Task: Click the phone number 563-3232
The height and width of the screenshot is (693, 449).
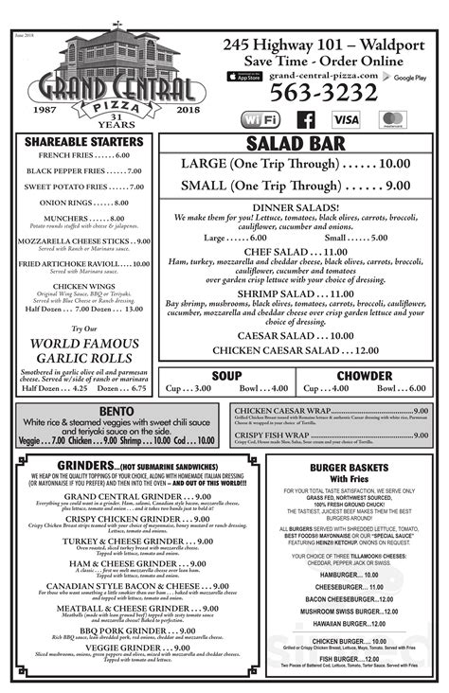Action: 322,94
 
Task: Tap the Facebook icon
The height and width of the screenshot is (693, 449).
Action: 306,119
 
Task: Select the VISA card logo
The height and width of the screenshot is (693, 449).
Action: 346,119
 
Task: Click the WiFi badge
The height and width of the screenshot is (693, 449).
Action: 260,119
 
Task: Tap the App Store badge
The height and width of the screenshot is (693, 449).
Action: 245,76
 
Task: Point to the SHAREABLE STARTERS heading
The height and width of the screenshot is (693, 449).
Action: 84,141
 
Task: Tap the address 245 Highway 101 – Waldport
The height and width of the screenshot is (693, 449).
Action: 322,44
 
